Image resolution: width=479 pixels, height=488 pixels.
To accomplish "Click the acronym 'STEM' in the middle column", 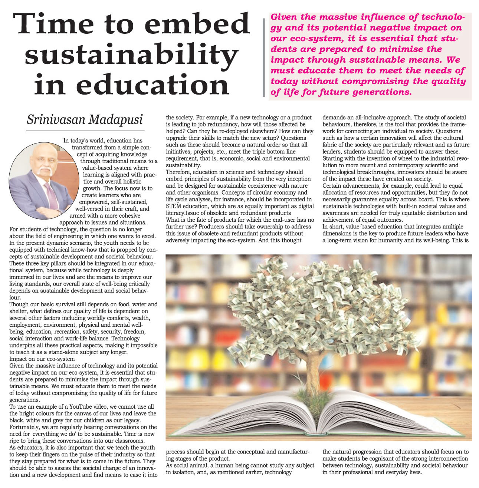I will tap(174, 206).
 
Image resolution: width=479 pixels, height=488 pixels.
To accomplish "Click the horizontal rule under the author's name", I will tap(85, 131).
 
